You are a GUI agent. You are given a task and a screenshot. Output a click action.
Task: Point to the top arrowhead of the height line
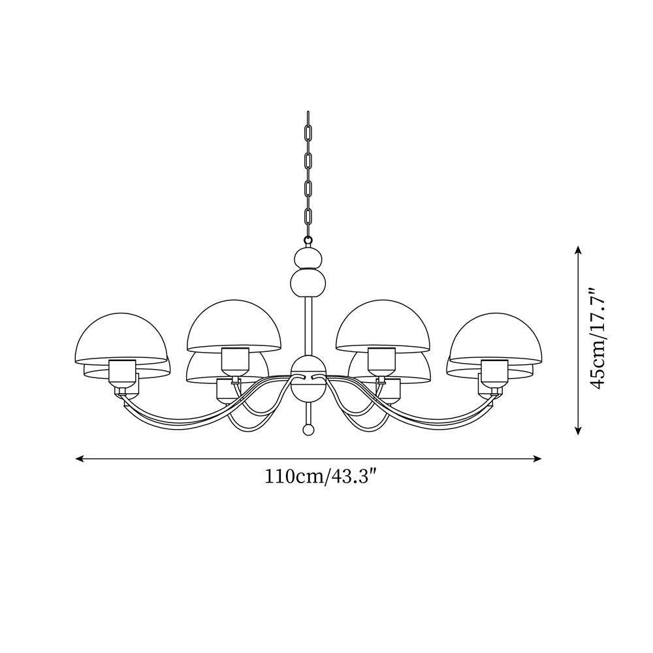point(578,249)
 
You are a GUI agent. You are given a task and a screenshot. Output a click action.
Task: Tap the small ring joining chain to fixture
point(307,240)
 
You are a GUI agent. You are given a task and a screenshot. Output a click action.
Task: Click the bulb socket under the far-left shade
point(122,372)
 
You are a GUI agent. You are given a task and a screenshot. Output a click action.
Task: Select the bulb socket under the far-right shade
point(494,372)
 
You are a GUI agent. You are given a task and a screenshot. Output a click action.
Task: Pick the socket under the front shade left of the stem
point(235,360)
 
